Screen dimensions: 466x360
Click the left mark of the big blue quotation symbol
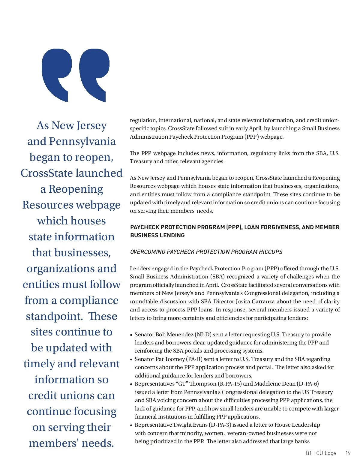point(57,72)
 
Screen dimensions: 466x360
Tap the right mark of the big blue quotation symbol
point(94,72)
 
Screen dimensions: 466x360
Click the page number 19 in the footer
point(348,453)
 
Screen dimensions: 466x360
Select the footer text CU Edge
point(326,453)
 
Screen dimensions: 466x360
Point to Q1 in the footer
point(309,453)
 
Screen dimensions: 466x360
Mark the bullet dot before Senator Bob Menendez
point(131,335)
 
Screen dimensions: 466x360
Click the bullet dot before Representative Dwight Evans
point(131,425)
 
